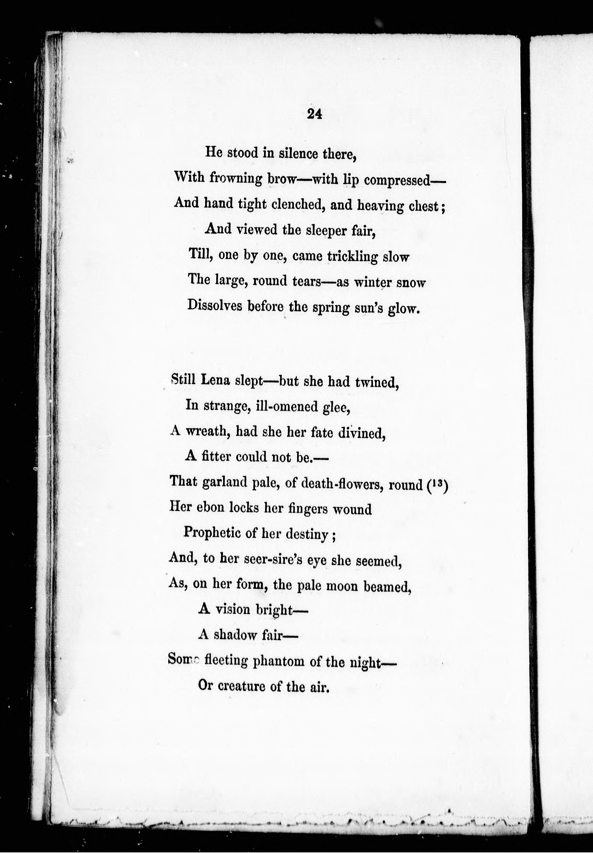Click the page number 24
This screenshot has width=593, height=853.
314,115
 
